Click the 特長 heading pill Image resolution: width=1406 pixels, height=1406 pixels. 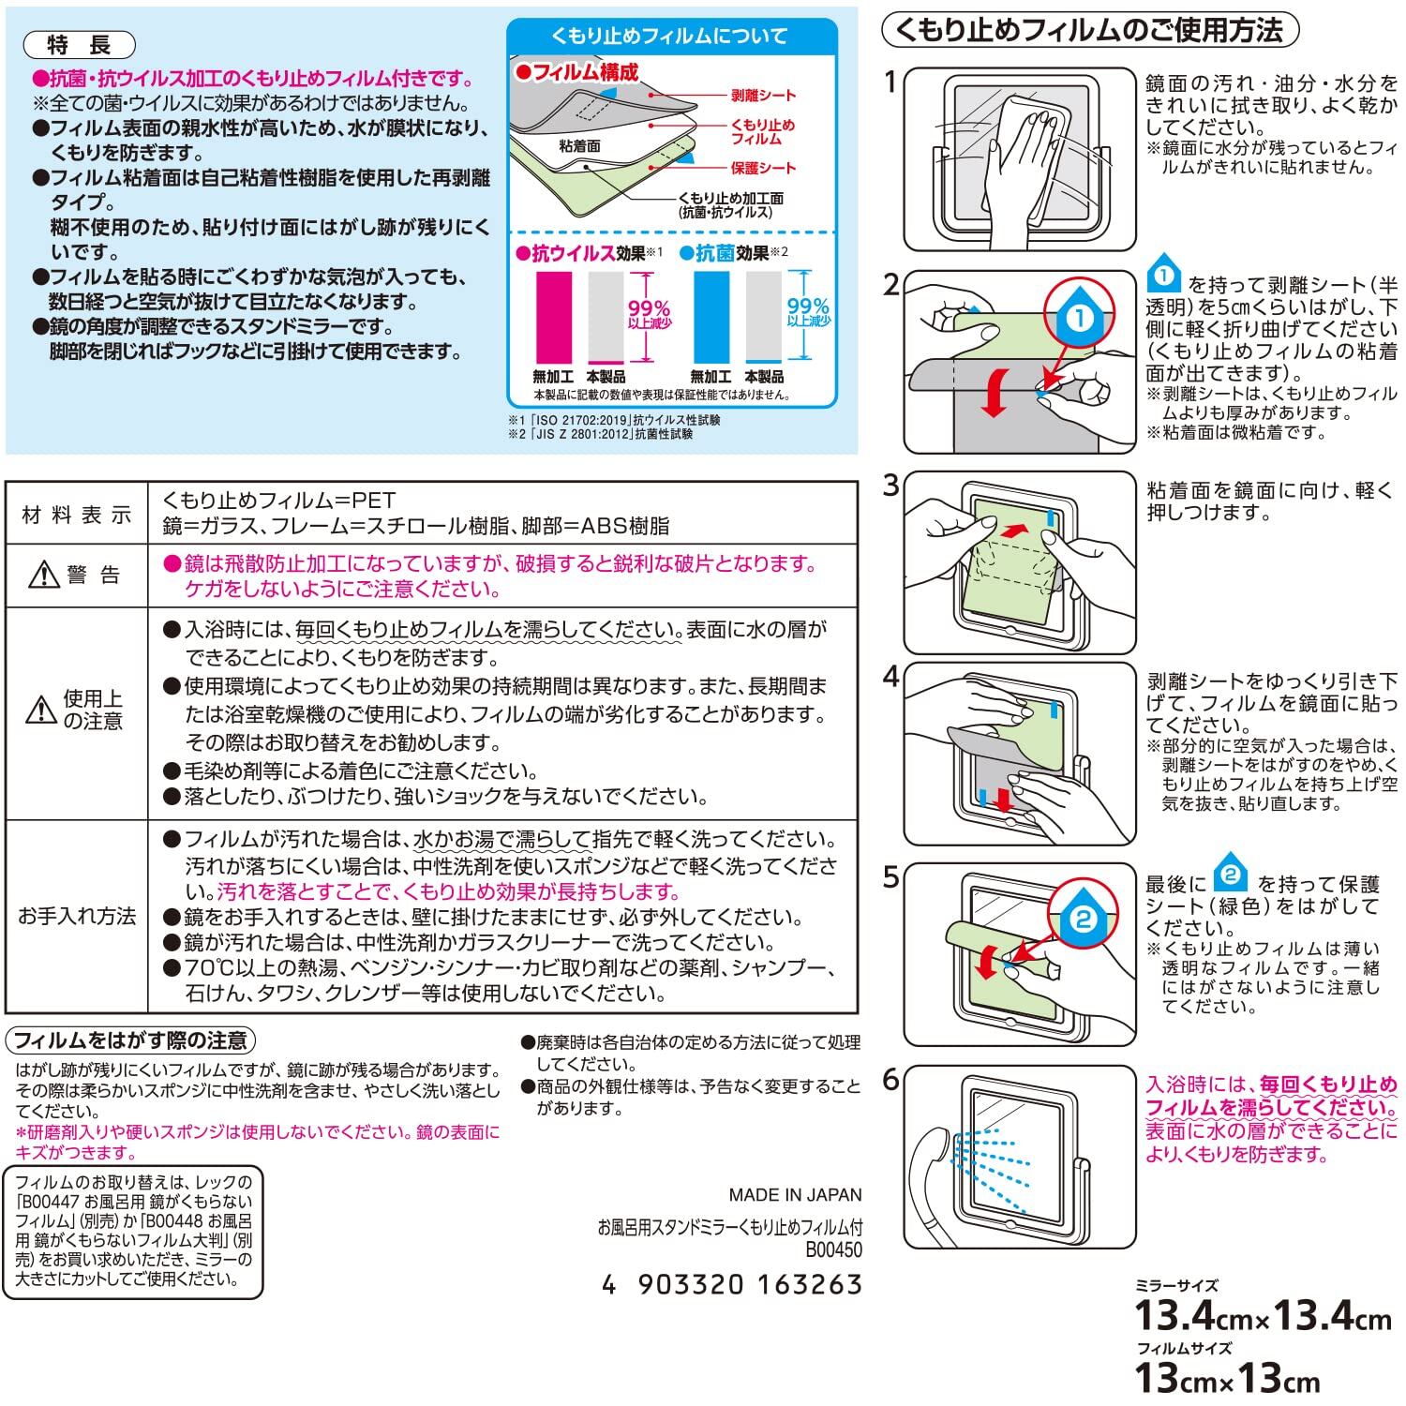coord(79,45)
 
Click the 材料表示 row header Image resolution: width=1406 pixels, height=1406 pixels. coord(77,515)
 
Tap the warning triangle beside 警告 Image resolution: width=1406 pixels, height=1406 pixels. coord(43,575)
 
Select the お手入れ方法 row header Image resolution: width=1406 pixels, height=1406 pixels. coord(77,916)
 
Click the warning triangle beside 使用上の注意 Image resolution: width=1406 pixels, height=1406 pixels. coord(42,710)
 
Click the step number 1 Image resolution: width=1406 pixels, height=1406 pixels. coord(891,82)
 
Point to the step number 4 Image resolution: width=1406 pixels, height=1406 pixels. coord(891,677)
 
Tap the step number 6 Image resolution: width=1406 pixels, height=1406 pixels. coord(891,1081)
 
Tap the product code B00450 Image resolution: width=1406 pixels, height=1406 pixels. coord(832,1250)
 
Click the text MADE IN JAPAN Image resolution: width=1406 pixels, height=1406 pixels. coord(795,1195)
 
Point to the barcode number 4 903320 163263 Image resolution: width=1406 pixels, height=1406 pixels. coord(731,1284)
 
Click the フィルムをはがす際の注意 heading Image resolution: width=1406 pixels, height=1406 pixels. coord(131,1040)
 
